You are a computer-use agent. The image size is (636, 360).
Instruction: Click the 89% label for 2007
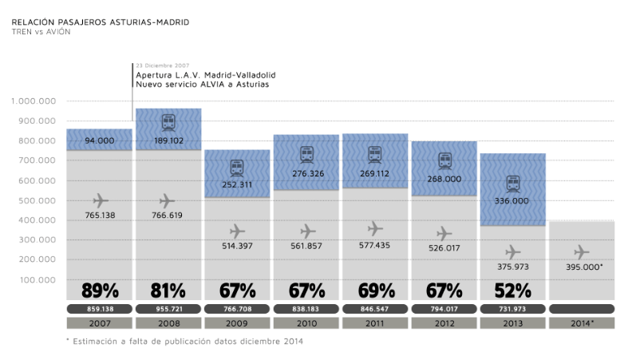coord(99,290)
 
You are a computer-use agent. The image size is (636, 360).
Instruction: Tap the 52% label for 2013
coord(512,290)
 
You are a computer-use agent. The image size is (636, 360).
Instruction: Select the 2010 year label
coord(306,323)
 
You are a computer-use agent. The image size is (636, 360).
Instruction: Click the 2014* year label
coord(582,323)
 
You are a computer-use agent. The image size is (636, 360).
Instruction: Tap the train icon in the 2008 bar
coord(168,123)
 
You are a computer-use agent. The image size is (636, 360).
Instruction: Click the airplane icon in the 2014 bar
coord(582,252)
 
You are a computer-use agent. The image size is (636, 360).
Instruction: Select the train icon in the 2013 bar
coord(512,184)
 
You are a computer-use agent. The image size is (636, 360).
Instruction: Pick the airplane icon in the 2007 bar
coord(99,200)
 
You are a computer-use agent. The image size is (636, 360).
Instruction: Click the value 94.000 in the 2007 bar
coord(99,140)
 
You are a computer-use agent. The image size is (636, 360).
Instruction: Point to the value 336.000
coord(512,201)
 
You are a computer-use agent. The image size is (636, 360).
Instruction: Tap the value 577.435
coord(375,246)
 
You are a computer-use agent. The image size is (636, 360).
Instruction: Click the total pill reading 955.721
coord(168,308)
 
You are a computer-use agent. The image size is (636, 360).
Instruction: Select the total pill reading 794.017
coord(444,308)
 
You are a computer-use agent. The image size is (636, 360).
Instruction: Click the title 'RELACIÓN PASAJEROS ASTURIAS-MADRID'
coord(101,22)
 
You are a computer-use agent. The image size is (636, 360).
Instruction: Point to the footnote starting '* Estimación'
coord(184,341)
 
